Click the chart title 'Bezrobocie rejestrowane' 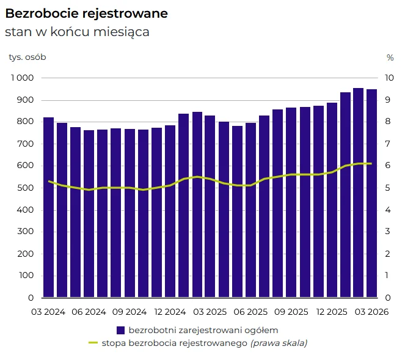[x=86, y=13]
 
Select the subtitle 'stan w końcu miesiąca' [x=77, y=32]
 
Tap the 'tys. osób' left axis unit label [x=27, y=57]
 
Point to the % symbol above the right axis [x=390, y=57]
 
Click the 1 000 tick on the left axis [x=22, y=78]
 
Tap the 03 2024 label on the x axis [x=48, y=312]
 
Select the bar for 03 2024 [x=48, y=207]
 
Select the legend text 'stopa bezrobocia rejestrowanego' [x=174, y=343]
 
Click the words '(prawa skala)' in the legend [x=279, y=343]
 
